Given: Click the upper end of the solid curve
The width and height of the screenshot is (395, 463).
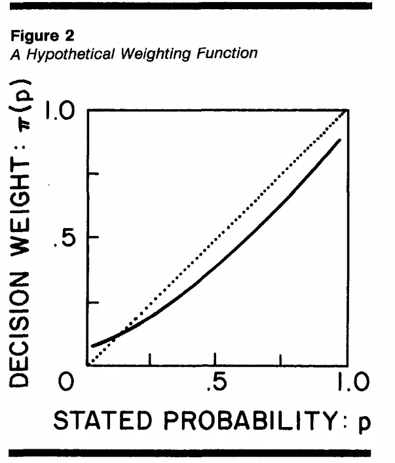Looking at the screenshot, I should click(340, 140).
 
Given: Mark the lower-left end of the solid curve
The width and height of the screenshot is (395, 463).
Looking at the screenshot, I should click(93, 345).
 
